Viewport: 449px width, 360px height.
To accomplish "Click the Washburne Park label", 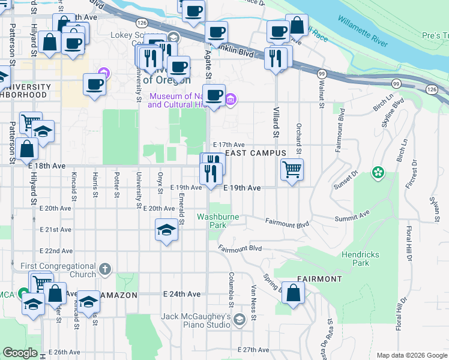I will pos(212,220).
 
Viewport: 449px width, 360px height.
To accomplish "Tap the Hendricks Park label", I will pos(360,259).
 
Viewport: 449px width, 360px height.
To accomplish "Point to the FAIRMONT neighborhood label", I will pos(319,279).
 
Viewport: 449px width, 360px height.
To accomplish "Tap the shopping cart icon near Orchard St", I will pos(292,169).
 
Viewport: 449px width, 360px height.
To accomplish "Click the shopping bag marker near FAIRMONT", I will pos(293,293).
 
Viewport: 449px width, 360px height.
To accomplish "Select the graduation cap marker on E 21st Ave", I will pos(167,229).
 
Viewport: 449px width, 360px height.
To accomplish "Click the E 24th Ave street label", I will pos(182,295).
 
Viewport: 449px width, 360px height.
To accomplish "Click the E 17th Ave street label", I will pos(231,145).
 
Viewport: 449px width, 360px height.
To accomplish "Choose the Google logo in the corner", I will pos(20,353).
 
